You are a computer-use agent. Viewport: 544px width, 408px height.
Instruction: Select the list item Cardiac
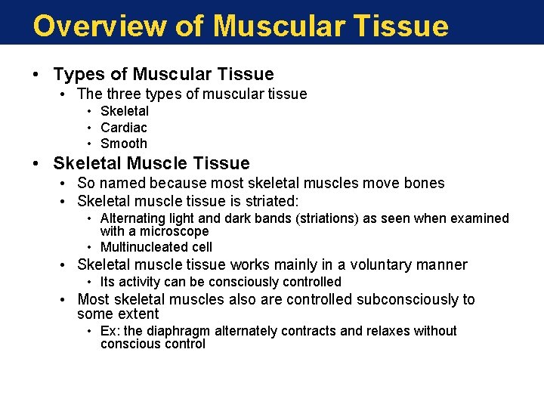tap(124, 128)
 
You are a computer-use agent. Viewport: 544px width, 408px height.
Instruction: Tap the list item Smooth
tap(124, 144)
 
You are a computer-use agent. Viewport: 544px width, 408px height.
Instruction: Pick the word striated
tap(270, 201)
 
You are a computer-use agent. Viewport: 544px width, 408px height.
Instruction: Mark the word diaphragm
tap(181, 331)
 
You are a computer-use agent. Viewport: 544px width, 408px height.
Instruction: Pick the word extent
tap(138, 314)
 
